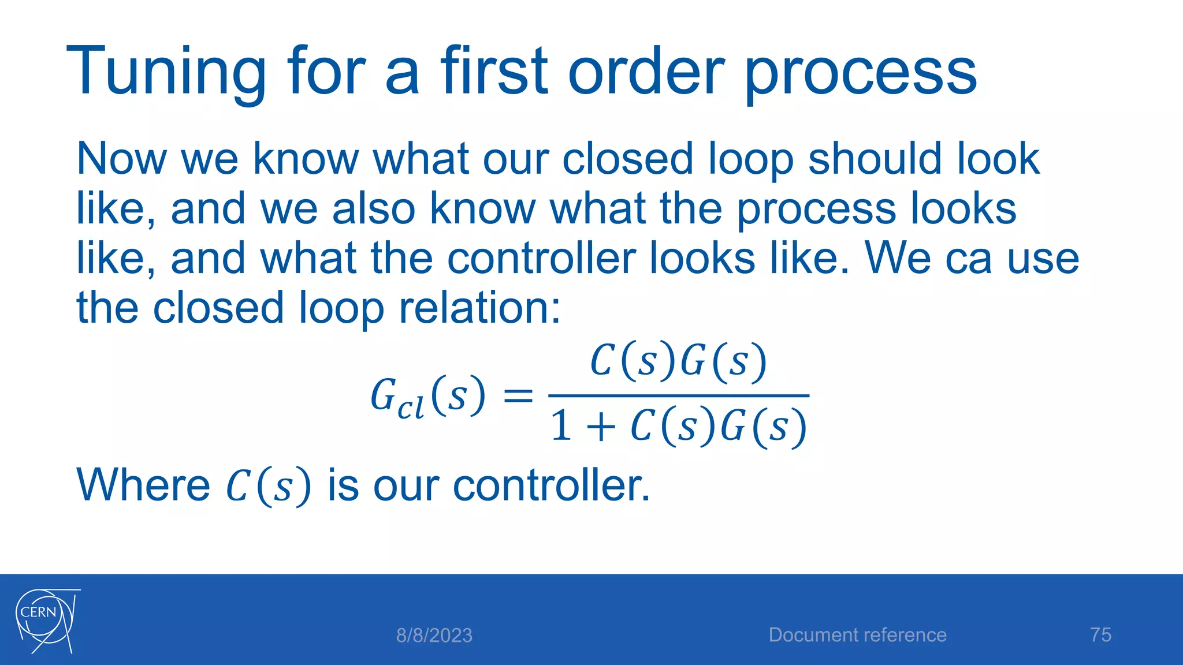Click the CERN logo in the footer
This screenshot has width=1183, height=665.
pos(46,621)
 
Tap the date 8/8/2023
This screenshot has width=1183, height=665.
pos(434,636)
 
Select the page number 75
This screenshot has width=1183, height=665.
pos(1100,635)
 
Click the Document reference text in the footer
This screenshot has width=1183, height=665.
pos(857,635)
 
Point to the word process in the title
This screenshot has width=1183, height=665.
pos(860,72)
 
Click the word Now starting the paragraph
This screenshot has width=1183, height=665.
pos(121,159)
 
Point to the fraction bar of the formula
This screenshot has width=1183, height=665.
pos(679,396)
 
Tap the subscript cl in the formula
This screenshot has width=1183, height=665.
pos(411,408)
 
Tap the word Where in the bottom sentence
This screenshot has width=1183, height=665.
pos(143,485)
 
